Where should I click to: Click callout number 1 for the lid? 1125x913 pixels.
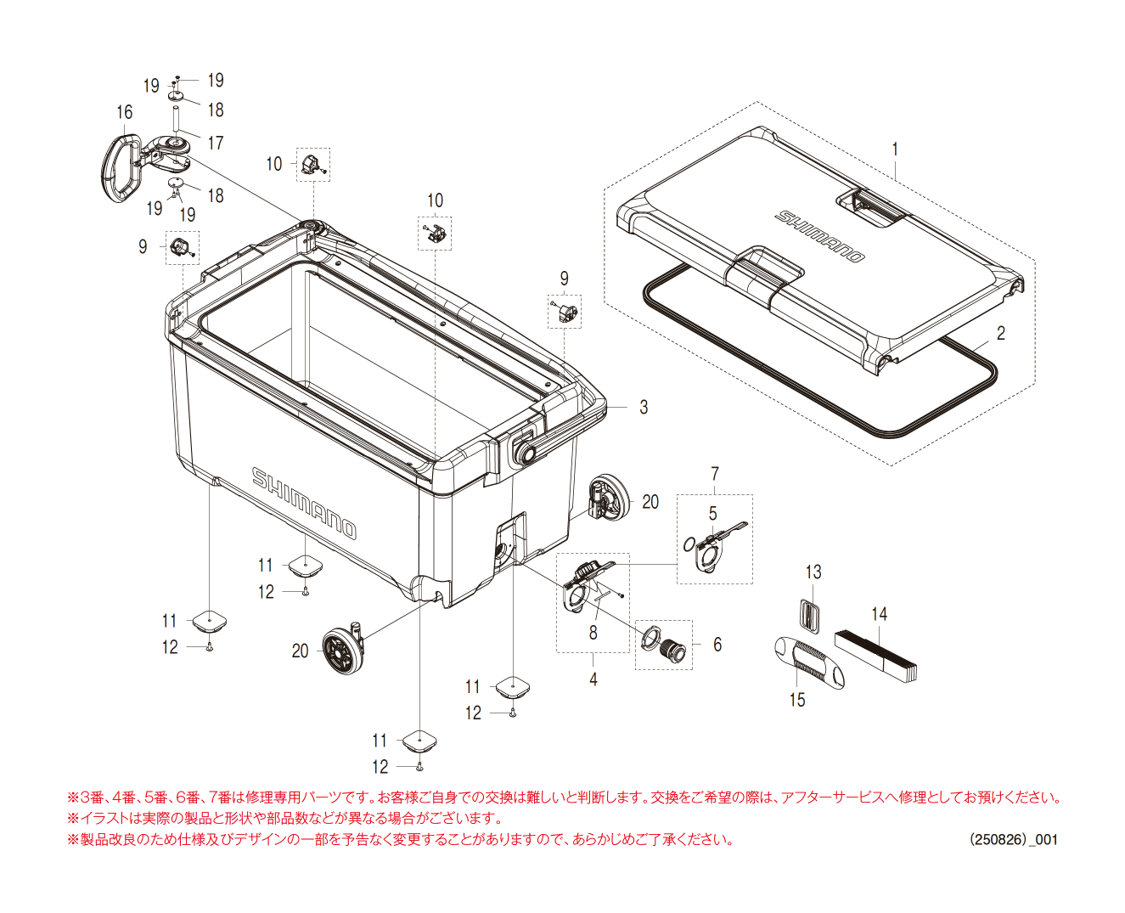point(895,149)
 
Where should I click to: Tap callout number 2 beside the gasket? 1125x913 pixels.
point(1001,333)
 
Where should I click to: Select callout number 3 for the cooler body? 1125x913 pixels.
point(644,408)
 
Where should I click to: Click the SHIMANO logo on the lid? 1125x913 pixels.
point(819,236)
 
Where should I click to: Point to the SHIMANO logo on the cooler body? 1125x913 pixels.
point(304,502)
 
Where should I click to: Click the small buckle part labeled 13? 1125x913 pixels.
point(812,617)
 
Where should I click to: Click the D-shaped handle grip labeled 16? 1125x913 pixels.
point(120,166)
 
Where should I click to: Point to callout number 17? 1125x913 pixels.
point(216,143)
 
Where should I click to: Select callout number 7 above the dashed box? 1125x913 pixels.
point(715,474)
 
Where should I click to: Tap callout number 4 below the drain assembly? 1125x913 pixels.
point(593,679)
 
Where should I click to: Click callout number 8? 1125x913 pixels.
point(593,633)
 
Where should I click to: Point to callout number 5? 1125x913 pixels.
point(713,514)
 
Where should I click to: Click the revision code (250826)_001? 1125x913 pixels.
point(1014,839)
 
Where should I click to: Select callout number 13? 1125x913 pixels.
point(813,572)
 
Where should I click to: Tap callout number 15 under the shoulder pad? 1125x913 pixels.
point(797,700)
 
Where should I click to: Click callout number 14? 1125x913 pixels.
point(879,613)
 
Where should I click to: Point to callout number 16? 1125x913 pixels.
point(125,112)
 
